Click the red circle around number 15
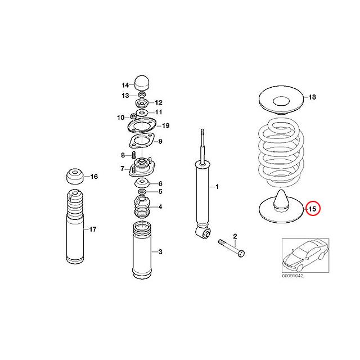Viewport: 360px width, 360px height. (x=313, y=209)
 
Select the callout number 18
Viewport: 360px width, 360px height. (x=313, y=97)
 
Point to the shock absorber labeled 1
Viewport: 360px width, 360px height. (x=201, y=191)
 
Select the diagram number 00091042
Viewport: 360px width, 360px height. (x=292, y=276)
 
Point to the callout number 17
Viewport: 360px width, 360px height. (x=93, y=229)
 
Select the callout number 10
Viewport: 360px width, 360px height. (x=120, y=118)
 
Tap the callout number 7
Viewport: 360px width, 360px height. (x=122, y=168)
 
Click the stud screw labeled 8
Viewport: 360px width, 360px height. (x=134, y=155)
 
